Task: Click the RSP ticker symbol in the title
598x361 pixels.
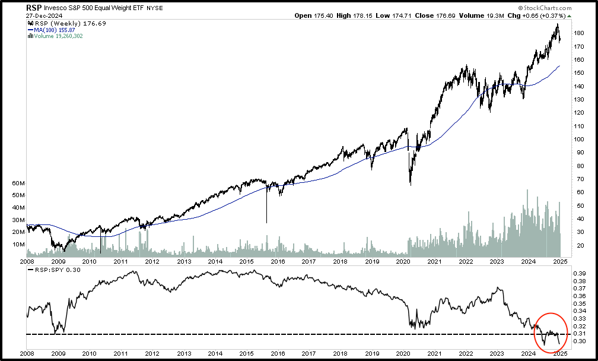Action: point(34,8)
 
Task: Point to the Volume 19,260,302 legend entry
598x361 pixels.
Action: point(58,36)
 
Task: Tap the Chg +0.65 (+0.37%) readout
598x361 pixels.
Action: point(538,16)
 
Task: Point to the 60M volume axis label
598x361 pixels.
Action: point(18,184)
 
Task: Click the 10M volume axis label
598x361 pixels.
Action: point(18,245)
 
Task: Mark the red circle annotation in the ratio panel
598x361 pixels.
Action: point(551,331)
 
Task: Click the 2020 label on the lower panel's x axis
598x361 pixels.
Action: point(403,354)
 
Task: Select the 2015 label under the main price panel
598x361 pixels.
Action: point(246,261)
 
